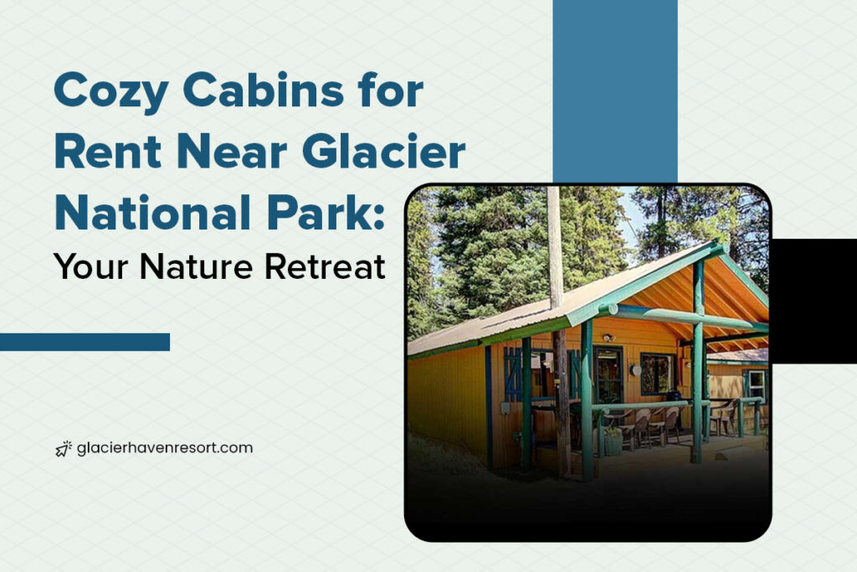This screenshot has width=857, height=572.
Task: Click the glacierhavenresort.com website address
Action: pos(164,448)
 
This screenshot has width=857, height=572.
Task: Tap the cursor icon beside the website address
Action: pos(63,449)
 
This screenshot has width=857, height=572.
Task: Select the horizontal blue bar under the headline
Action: pos(85,342)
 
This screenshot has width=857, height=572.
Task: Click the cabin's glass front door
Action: pos(608,374)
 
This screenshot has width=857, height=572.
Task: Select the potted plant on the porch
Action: pos(613,439)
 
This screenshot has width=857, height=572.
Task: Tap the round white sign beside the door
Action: pos(636,369)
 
